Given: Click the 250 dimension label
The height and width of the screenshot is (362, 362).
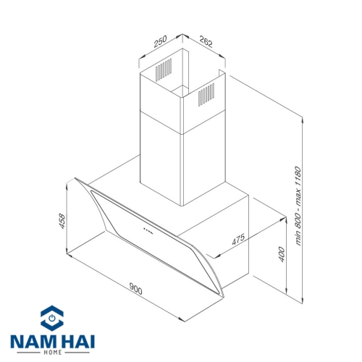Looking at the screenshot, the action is point(160,41).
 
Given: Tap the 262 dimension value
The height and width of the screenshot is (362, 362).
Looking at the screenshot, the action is point(206,41).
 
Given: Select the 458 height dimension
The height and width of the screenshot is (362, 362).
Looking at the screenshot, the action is point(62,221).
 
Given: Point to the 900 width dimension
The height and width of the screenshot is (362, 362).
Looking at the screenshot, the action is point(135,288).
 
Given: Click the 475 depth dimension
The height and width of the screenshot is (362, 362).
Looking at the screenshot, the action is point(238,239).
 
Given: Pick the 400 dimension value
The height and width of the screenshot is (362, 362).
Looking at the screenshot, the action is point(282,254).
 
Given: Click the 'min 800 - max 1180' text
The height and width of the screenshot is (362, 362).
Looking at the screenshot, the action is point(298,206).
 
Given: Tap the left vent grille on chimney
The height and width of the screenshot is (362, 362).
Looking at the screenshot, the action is point(164,70).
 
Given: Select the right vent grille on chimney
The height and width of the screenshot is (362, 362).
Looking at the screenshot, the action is point(206,95).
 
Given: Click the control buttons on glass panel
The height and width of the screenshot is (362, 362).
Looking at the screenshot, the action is point(148,230).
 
